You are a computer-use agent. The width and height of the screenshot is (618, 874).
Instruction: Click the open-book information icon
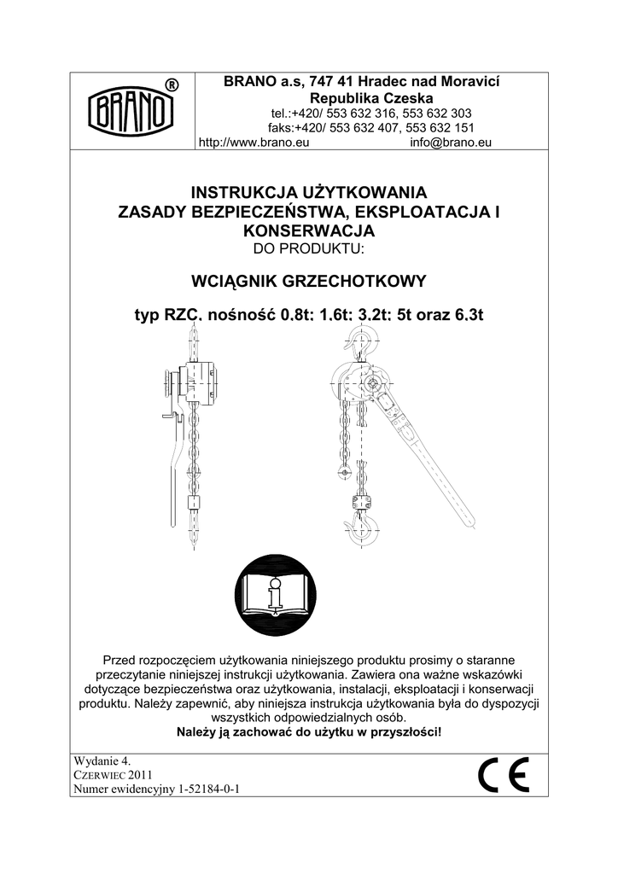point(274,597)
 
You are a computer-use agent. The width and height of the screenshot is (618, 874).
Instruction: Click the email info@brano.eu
point(451,143)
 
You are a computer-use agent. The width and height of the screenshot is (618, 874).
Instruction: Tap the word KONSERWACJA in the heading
point(308,230)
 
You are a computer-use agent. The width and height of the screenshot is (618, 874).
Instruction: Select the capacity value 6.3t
point(465,317)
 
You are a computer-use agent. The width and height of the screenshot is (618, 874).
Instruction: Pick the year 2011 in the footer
point(140,774)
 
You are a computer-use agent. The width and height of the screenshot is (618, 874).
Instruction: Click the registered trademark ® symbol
point(172,84)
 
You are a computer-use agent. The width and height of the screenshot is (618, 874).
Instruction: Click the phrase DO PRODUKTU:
point(309,248)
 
